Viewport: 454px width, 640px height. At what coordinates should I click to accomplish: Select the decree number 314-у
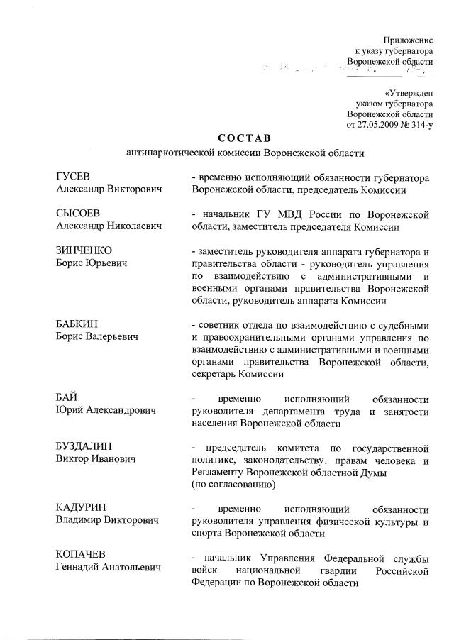click(421, 125)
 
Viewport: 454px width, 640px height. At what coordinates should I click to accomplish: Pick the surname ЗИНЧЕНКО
click(84, 251)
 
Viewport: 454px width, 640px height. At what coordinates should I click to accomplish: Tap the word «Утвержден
click(409, 92)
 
